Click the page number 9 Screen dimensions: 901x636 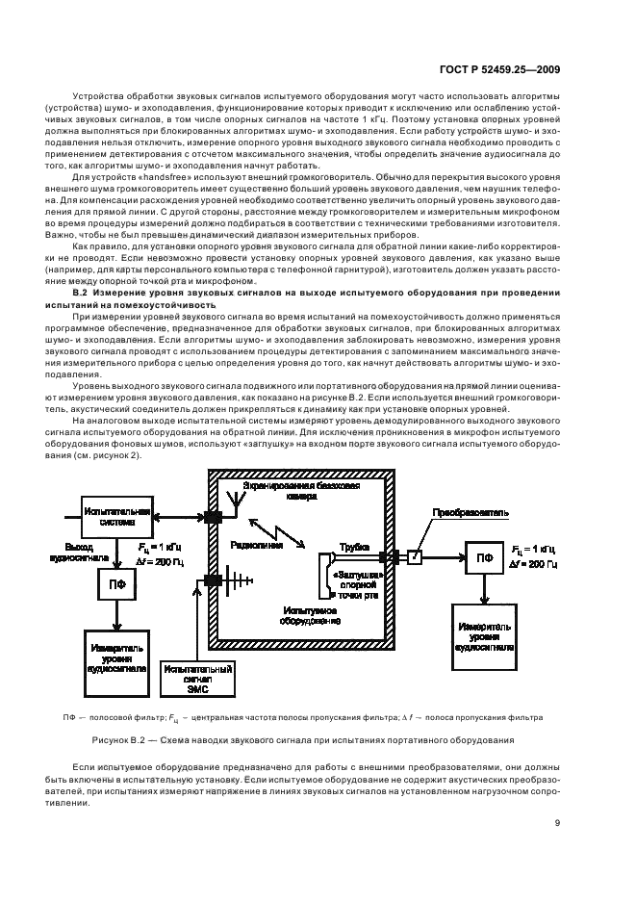tap(557, 821)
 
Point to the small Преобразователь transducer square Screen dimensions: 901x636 tap(414, 555)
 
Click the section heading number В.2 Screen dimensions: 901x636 tap(81, 291)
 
